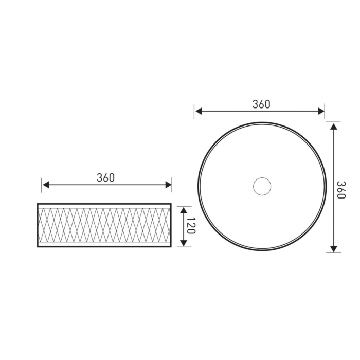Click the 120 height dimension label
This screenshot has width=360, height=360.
pyautogui.click(x=190, y=226)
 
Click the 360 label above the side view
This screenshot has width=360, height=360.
pyautogui.click(x=105, y=178)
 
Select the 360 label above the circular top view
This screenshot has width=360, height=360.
pyautogui.click(x=261, y=104)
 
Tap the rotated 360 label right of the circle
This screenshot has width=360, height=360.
pyautogui.click(x=341, y=190)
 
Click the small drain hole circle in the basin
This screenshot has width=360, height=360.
pyautogui.click(x=262, y=186)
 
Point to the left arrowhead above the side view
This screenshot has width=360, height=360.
pyautogui.click(x=45, y=185)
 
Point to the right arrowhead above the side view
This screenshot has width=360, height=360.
pyautogui.click(x=168, y=185)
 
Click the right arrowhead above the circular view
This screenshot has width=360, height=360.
pyautogui.click(x=321, y=111)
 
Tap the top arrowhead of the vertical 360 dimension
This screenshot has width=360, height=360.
pyautogui.click(x=334, y=126)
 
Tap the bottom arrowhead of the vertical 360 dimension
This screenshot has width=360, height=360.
pyautogui.click(x=334, y=248)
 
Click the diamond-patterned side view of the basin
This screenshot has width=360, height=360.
pyautogui.click(x=104, y=226)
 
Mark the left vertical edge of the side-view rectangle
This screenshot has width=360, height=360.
pyautogui.click(x=38, y=226)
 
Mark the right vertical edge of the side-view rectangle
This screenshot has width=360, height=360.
pyautogui.click(x=171, y=226)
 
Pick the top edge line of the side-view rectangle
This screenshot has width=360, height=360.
pyautogui.click(x=104, y=204)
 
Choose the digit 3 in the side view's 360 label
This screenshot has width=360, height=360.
pyautogui.click(x=99, y=178)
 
